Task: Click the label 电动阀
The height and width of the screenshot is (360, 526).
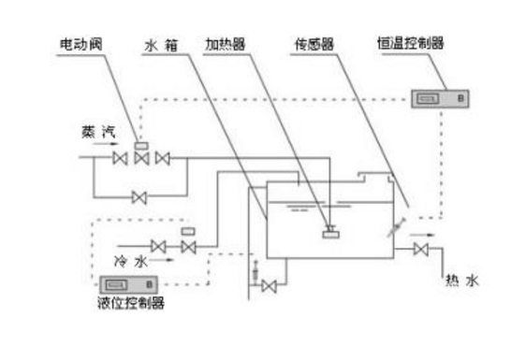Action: click(x=81, y=44)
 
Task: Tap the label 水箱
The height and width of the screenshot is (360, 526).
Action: click(x=160, y=44)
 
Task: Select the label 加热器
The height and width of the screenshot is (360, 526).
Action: click(x=226, y=44)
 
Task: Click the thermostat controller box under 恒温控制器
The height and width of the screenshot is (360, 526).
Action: click(x=439, y=96)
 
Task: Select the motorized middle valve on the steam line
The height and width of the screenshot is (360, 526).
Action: click(x=141, y=158)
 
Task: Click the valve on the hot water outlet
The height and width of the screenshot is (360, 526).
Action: click(x=422, y=249)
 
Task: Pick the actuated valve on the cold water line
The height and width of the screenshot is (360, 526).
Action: click(x=188, y=246)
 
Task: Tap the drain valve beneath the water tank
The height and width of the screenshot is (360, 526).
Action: click(x=270, y=284)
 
